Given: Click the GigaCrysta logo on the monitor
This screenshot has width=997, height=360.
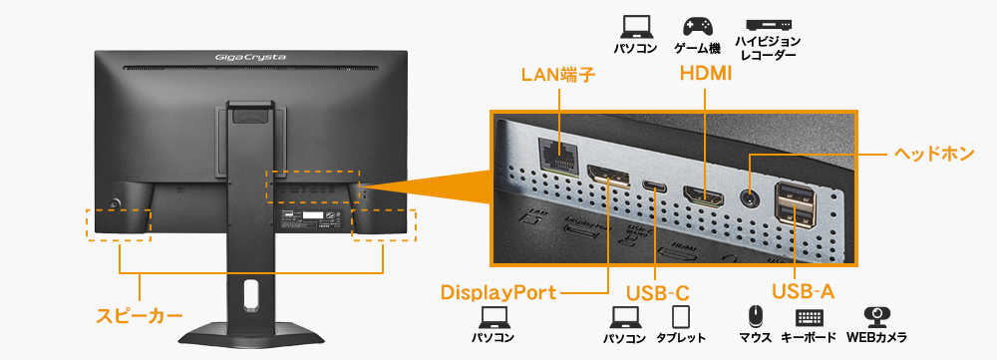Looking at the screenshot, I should click(251, 57).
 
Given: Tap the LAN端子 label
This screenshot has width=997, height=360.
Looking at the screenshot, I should click(558, 76).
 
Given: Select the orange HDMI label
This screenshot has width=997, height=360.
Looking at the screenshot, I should click(705, 74).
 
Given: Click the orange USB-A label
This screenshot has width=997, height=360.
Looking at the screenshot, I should click(803, 292).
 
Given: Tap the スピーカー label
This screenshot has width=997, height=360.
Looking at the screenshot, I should click(140, 316).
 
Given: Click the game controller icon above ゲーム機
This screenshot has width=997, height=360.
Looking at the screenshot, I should click(696, 26).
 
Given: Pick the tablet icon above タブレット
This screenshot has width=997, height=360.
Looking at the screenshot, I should click(682, 318).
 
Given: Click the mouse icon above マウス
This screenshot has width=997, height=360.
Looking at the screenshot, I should click(756, 318).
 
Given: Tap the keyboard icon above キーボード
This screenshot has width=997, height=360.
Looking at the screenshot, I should click(810, 318).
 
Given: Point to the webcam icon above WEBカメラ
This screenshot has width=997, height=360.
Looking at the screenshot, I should click(876, 317).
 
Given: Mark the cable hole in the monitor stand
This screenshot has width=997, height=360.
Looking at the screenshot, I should click(249, 293).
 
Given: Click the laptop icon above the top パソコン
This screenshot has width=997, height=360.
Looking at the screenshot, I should click(633, 26).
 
